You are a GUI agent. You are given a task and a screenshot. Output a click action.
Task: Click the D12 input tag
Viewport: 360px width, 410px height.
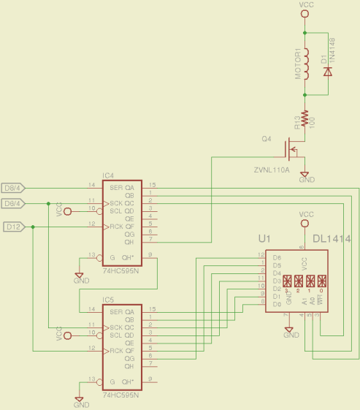tap(13, 227)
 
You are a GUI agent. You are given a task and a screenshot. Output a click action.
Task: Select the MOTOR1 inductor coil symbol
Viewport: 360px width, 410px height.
tap(305, 64)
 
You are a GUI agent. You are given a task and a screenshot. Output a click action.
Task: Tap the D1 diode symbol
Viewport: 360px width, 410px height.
tap(327, 72)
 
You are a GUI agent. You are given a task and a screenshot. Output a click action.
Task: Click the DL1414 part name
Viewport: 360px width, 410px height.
tap(333, 239)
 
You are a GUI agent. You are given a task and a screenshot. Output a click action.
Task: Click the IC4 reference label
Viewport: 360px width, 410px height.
tap(108, 176)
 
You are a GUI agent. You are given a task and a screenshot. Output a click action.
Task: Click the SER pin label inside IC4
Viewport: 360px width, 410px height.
tap(115, 186)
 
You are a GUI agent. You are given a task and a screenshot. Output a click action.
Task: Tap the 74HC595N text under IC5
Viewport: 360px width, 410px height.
tap(121, 395)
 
